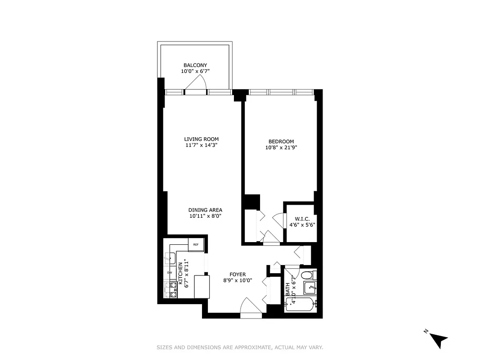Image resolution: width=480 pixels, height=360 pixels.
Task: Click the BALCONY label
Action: pos(195,65)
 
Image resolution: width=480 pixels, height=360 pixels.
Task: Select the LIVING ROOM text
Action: pos(201,139)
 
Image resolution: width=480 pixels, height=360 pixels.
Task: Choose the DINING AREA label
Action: pos(205,210)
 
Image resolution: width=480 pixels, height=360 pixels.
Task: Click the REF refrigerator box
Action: pos(196,244)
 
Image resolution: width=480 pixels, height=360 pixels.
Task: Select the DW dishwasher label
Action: pos(170,273)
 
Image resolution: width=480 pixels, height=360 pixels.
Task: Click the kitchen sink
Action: pos(170,258)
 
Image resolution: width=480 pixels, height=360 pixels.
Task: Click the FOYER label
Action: pos(237,274)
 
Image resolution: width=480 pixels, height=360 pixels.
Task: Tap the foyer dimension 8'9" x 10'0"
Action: pos(237,280)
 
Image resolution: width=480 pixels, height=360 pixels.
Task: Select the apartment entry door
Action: pos(251,310)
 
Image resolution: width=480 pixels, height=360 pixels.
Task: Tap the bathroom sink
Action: pos(310,287)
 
